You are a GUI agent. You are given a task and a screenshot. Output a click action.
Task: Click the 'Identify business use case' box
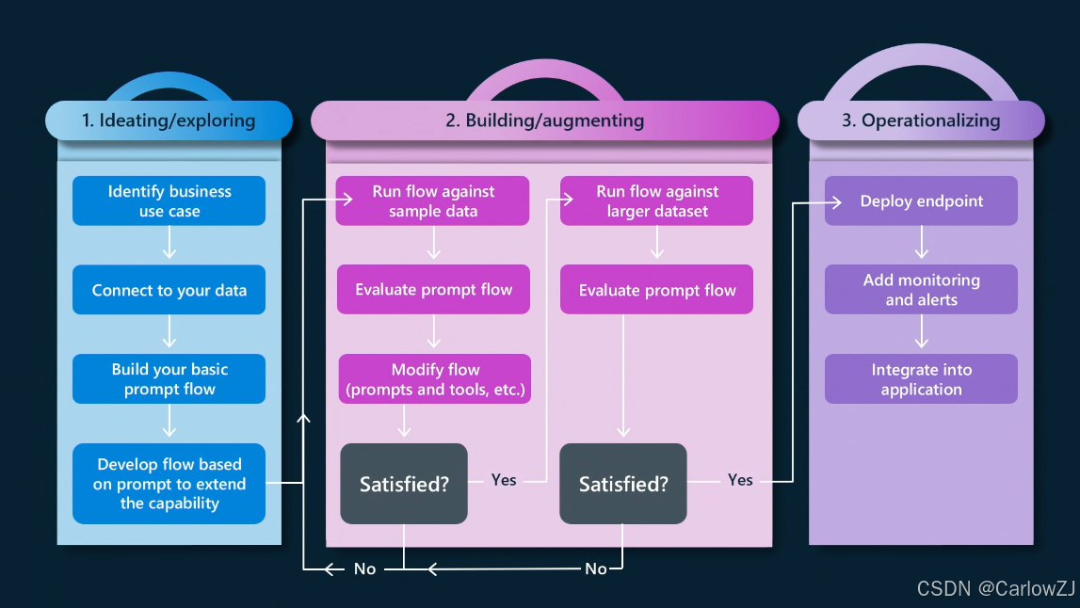click(169, 201)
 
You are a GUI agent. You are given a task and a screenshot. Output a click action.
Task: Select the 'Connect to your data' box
click(169, 290)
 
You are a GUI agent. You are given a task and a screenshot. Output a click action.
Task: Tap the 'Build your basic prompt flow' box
click(169, 379)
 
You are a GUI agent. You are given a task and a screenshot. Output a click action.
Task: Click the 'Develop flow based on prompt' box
click(169, 484)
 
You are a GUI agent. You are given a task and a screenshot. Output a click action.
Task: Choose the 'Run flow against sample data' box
click(433, 201)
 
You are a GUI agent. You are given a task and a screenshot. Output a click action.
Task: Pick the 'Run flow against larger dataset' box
click(657, 201)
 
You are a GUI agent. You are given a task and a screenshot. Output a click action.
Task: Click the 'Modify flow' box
click(435, 379)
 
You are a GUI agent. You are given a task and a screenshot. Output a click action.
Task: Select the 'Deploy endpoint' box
click(921, 201)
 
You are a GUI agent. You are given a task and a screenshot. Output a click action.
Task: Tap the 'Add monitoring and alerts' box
click(921, 290)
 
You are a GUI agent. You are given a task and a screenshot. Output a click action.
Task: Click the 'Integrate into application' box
click(921, 379)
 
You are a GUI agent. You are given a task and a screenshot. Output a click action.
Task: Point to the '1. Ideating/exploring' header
click(169, 120)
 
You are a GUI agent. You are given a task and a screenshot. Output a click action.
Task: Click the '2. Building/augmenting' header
click(545, 120)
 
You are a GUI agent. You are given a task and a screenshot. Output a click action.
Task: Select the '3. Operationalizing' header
click(921, 120)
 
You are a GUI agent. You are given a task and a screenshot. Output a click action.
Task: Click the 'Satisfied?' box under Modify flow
click(404, 484)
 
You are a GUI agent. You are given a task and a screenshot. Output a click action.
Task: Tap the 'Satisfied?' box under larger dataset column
click(623, 484)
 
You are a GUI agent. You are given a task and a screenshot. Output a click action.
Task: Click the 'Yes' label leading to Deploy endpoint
click(740, 480)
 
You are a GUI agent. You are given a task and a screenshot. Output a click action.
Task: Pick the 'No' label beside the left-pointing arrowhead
click(364, 568)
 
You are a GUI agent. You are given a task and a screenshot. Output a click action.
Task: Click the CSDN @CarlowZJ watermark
click(996, 588)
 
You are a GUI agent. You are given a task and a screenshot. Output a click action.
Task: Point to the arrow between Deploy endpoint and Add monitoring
click(922, 245)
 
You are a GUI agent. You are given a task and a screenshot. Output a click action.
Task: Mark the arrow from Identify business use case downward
click(169, 245)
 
